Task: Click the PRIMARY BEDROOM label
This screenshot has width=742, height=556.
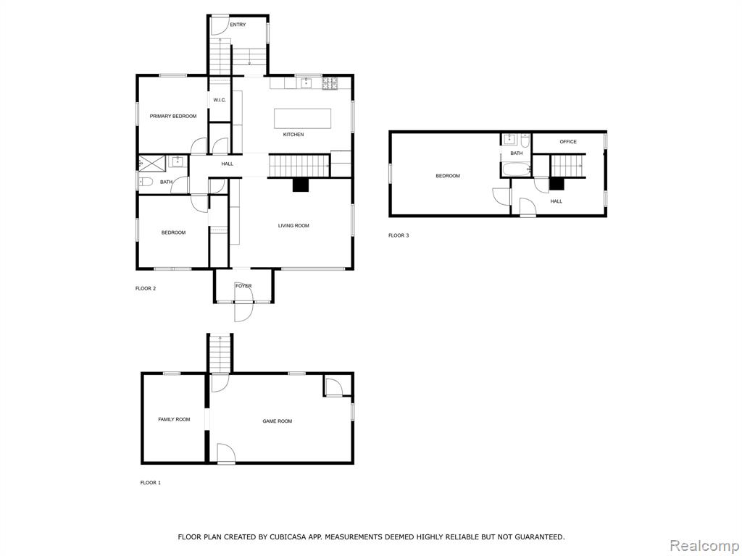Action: point(173,117)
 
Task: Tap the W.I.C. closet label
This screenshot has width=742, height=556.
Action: point(220,100)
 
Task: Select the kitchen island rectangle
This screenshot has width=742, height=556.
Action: point(302,118)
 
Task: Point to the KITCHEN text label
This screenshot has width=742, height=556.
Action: point(293,135)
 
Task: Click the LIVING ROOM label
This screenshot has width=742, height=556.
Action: point(293,226)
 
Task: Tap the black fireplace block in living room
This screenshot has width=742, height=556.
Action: point(301,185)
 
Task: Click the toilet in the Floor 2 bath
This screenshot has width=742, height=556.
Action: point(146,180)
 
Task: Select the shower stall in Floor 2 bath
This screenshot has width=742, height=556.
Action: point(152,163)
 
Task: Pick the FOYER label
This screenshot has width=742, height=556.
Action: point(243,286)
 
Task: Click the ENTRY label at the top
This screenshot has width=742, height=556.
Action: point(238,25)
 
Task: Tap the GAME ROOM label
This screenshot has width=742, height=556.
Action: point(278,421)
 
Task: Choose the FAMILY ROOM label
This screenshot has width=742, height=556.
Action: point(174,419)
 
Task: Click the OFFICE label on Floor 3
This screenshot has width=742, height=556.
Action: point(568,142)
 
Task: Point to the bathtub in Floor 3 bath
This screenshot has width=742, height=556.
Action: point(516,169)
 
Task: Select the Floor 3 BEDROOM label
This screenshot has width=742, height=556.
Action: point(448,176)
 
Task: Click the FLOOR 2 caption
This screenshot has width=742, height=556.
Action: point(146,288)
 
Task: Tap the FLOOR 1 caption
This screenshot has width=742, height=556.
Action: point(151,483)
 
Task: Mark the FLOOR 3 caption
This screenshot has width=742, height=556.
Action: point(399,235)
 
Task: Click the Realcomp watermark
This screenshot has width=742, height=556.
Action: point(704,545)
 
